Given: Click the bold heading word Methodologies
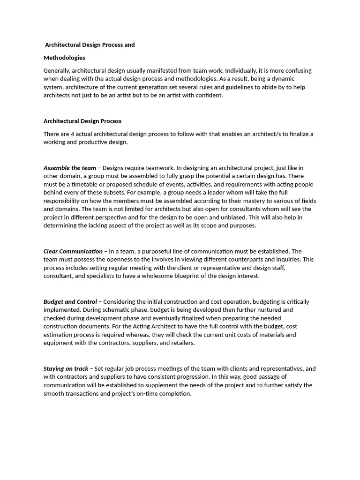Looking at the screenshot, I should (x=64, y=58).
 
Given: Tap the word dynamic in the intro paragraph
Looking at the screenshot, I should (x=299, y=79).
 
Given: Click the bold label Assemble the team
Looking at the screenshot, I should (x=69, y=168).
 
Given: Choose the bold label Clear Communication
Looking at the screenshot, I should (x=73, y=251).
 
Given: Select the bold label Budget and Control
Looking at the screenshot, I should (x=70, y=302).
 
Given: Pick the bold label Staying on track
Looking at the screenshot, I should (x=66, y=369).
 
